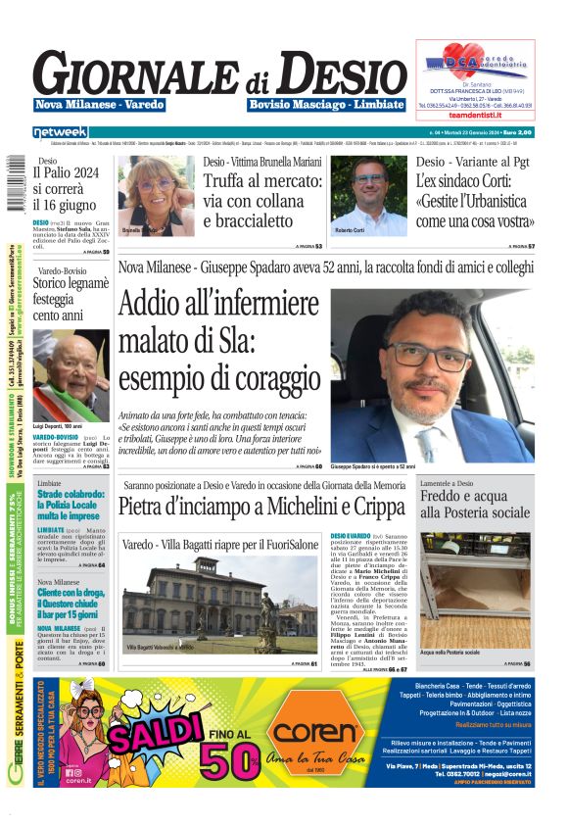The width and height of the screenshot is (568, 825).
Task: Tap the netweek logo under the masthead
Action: point(60,131)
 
